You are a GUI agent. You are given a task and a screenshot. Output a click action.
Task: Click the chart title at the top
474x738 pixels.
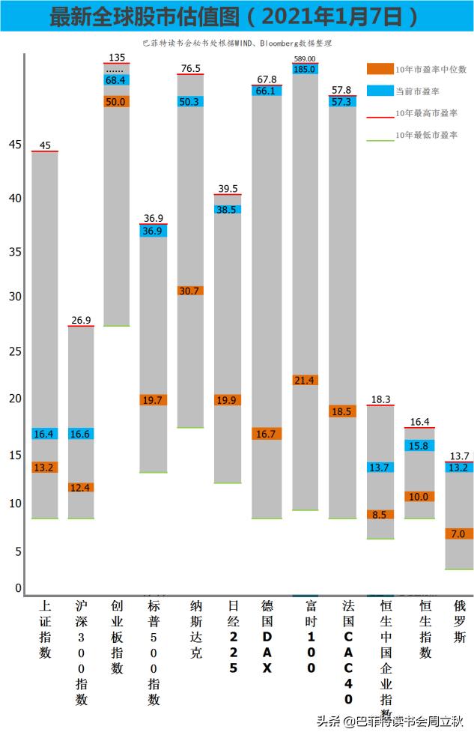[x=237, y=16]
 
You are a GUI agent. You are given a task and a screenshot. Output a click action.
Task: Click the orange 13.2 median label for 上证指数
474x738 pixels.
[x=45, y=468]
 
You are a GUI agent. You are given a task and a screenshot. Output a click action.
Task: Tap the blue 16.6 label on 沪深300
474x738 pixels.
[x=81, y=434]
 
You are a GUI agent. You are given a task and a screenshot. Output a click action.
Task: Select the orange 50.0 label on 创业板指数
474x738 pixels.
[x=117, y=102]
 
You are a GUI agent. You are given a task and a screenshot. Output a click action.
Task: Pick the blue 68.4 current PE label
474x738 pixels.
[x=117, y=80]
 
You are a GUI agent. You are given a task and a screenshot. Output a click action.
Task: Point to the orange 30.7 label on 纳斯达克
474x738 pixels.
[x=190, y=291]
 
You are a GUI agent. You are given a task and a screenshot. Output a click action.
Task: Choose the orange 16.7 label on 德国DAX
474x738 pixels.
[x=267, y=434]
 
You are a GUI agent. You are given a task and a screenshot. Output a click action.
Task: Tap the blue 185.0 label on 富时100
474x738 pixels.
[x=305, y=69]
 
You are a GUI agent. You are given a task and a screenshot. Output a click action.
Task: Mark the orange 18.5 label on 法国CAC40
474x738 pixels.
[x=341, y=411]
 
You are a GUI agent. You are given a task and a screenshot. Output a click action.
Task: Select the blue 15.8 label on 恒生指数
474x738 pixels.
[x=418, y=446]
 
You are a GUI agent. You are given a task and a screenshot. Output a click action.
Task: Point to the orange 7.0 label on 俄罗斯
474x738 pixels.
[x=458, y=534]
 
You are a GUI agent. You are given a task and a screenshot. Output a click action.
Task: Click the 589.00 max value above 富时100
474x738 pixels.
[x=305, y=58]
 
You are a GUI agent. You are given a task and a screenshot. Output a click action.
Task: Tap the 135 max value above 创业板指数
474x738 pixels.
[x=117, y=57]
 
